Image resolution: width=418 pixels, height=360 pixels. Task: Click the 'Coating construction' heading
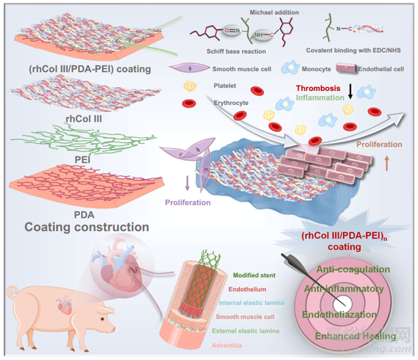(87, 227)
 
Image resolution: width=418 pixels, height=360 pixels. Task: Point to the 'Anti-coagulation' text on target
(353, 269)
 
